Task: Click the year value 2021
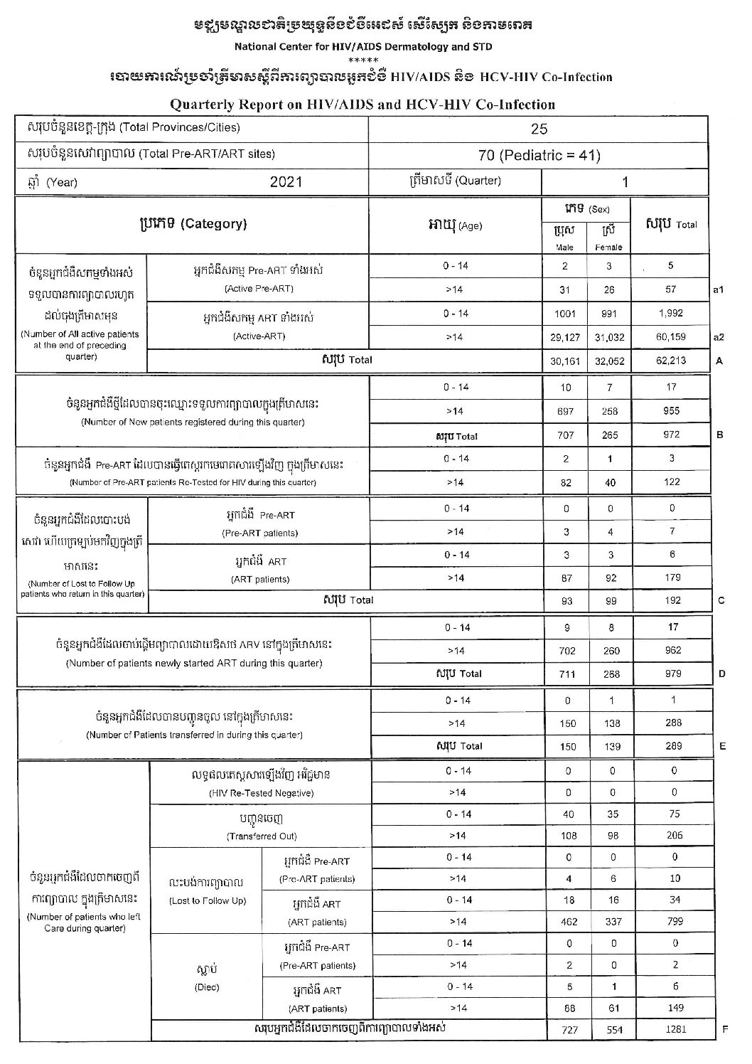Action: point(286,181)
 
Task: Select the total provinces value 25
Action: point(539,129)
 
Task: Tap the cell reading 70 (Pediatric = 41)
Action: point(539,154)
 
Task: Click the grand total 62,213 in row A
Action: point(671,361)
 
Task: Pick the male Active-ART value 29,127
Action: point(566,337)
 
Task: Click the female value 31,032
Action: point(609,337)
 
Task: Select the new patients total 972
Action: point(671,435)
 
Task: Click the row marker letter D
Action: point(722,674)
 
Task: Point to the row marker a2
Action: point(719,337)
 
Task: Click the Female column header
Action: point(608,247)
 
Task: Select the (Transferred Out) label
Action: point(261,836)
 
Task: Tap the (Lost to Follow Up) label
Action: point(208,901)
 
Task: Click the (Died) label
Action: point(207,987)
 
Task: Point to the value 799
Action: point(675,921)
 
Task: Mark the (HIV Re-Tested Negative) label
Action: point(261,793)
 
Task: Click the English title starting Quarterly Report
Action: point(362,105)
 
